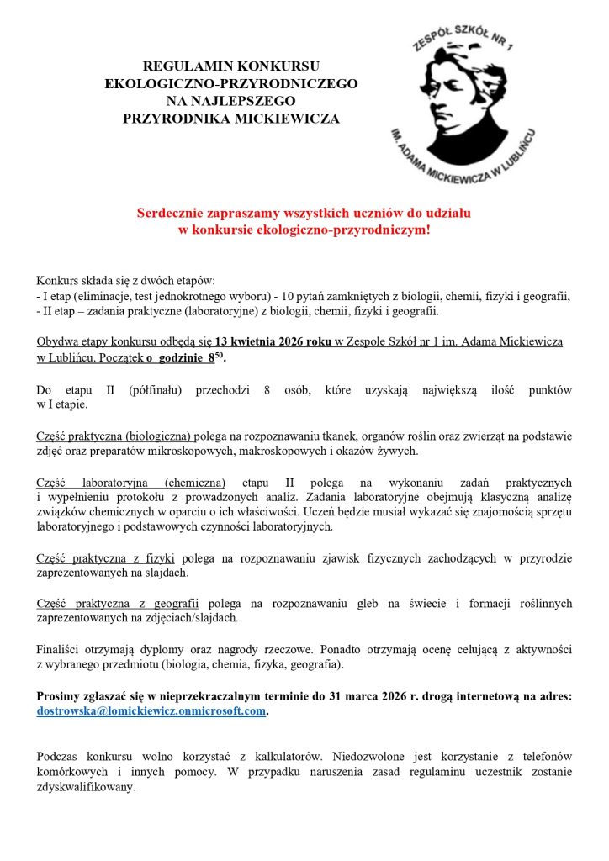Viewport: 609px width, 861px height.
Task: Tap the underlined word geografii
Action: pos(178,603)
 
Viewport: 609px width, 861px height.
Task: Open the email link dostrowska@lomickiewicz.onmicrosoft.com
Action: pos(151,711)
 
